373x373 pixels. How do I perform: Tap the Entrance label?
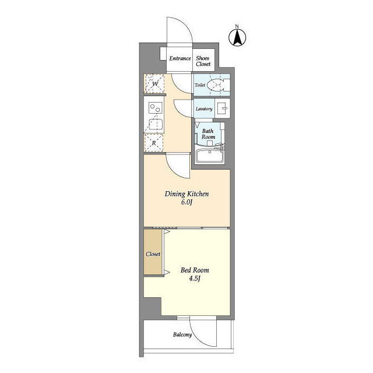pyautogui.click(x=180, y=58)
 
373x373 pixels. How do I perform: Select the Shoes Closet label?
pyautogui.click(x=203, y=61)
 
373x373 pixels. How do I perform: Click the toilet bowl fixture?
pyautogui.click(x=215, y=85)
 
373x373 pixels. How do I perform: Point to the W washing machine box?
pyautogui.click(x=154, y=83)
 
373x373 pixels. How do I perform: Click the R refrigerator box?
pyautogui.click(x=154, y=143)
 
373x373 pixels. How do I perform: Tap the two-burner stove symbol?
pyautogui.click(x=156, y=108)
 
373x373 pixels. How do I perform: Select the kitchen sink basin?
pyautogui.click(x=156, y=124)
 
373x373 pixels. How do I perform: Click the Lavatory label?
pyautogui.click(x=204, y=109)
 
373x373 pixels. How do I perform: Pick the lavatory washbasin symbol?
pyautogui.click(x=223, y=108)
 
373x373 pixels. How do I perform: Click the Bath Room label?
pyautogui.click(x=208, y=134)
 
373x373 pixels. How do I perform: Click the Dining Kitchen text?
pyautogui.click(x=186, y=194)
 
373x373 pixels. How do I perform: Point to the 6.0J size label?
pyautogui.click(x=186, y=202)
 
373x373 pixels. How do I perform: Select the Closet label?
pyautogui.click(x=153, y=254)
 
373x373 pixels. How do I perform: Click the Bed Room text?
pyautogui.click(x=195, y=270)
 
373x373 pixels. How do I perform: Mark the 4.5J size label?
pyautogui.click(x=195, y=278)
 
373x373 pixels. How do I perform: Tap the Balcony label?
pyautogui.click(x=182, y=335)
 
